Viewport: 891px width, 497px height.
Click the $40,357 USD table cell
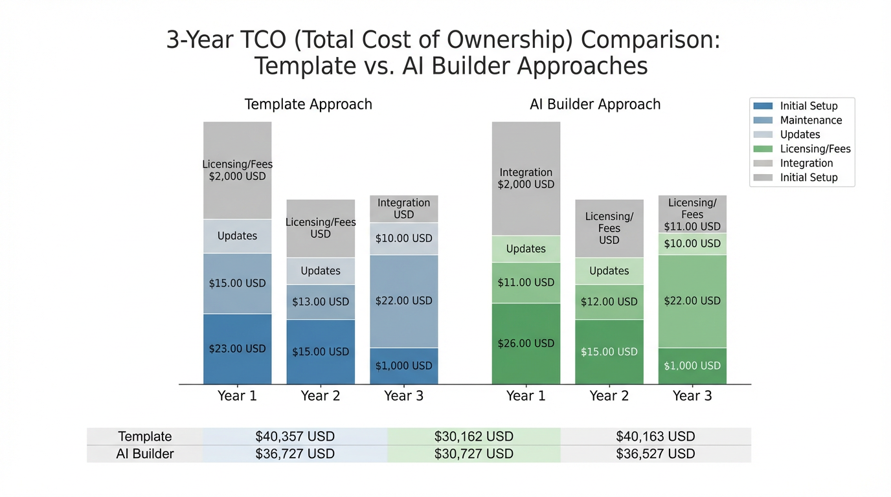tap(295, 436)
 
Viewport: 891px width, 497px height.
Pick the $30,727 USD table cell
tap(473, 454)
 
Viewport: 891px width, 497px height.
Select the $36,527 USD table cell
tap(655, 454)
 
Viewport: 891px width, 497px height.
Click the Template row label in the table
tap(144, 436)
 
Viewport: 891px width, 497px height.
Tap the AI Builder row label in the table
tap(144, 454)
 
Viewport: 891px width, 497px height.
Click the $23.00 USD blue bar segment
tap(237, 349)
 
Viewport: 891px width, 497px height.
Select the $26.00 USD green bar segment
tap(526, 344)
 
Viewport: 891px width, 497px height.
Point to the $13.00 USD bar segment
tap(321, 302)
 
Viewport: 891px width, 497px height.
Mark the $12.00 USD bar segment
tap(609, 302)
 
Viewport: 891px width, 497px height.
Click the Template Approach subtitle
tap(308, 104)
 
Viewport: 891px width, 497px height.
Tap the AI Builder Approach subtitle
tap(595, 104)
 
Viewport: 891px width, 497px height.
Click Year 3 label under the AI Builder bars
tap(692, 396)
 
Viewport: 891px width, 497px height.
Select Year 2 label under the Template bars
tap(321, 396)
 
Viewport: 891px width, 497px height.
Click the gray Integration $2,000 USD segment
tap(526, 178)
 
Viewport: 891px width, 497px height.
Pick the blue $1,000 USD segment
tap(403, 366)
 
